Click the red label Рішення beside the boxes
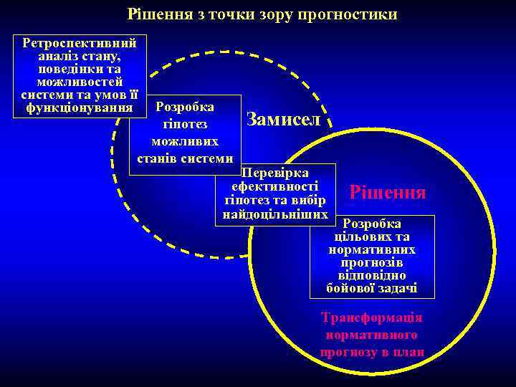(387, 192)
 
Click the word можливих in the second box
(185, 141)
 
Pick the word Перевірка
(275, 173)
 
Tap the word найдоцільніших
(275, 213)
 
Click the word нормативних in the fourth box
(372, 250)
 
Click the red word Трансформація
(372, 317)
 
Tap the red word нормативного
(372, 335)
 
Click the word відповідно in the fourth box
(372, 275)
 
